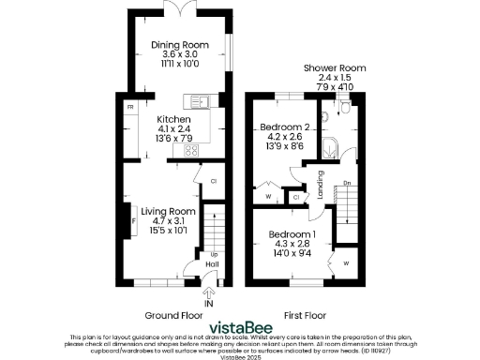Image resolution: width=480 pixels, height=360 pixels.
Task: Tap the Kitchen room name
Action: point(173,120)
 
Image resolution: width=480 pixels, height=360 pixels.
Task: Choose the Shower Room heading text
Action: point(335,68)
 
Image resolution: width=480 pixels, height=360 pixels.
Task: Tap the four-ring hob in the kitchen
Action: point(191,150)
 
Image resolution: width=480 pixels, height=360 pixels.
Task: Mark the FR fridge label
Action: point(130,108)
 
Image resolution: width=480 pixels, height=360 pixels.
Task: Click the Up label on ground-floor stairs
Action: point(213,254)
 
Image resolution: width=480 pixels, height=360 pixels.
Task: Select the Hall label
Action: point(212,265)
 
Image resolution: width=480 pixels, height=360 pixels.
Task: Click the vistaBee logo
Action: point(241,327)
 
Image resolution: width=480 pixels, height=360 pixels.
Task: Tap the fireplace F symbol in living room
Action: point(133,221)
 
